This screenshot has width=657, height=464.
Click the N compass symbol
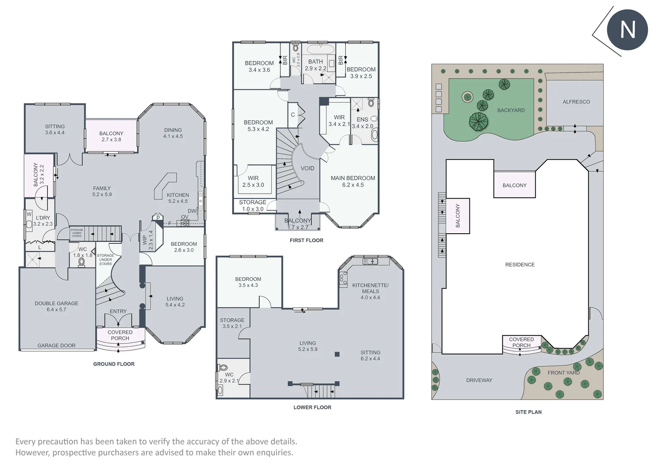coord(627,30)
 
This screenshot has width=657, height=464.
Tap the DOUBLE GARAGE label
coord(56,303)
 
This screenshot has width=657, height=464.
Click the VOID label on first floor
coord(307,168)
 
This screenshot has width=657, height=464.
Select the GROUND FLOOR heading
coord(114,364)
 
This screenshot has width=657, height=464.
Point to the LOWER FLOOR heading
coord(312,407)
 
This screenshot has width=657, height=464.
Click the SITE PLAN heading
coord(528,412)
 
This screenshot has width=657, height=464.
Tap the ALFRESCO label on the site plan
coord(576,102)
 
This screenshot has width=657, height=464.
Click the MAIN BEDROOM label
coord(353,178)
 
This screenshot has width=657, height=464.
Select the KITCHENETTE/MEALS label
coord(370,288)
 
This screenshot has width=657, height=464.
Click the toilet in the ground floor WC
coord(82,262)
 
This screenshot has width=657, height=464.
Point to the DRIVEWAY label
coord(479,380)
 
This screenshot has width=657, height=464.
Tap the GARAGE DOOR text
coord(56,345)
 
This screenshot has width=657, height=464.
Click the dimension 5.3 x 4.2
coord(258,129)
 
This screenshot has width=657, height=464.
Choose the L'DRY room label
coord(43,218)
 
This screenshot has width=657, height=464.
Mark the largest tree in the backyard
coord(478,122)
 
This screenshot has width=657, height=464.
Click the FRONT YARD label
coord(563,372)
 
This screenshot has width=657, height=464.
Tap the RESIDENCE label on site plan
coord(520,265)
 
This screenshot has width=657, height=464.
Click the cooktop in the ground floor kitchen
coord(185,223)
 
